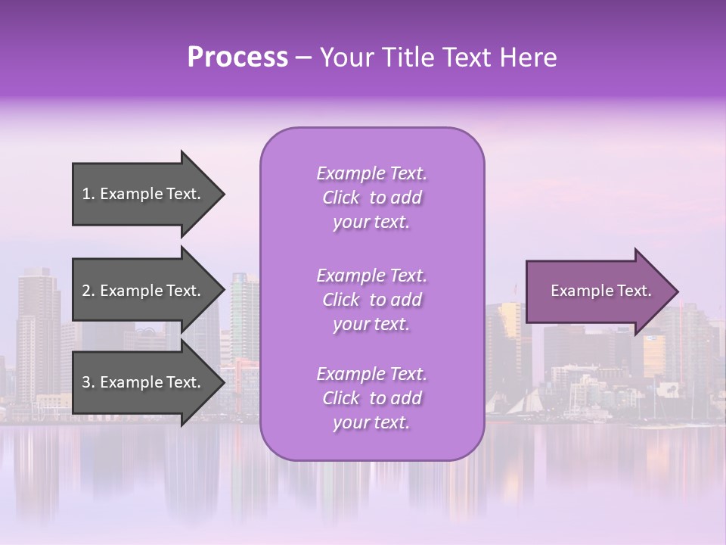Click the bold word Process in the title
tap(237, 58)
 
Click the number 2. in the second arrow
tap(88, 291)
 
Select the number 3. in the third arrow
tap(88, 382)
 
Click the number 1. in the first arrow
tap(88, 194)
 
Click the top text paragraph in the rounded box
tap(371, 198)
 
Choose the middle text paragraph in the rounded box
tap(371, 300)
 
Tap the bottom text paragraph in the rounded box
tap(371, 398)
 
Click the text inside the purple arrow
tap(601, 291)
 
